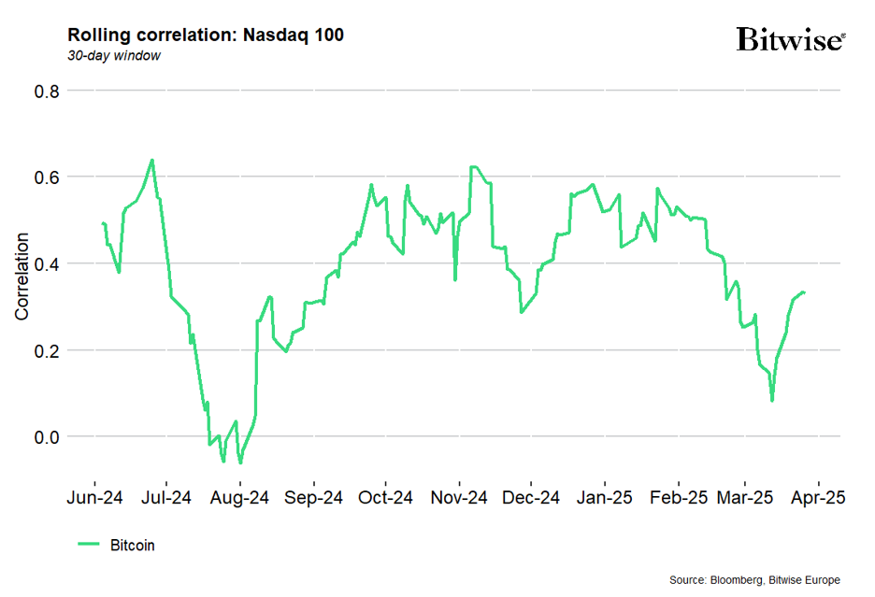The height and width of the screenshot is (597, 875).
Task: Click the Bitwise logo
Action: pos(790,40)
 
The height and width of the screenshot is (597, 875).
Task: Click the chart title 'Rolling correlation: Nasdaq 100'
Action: pos(206,36)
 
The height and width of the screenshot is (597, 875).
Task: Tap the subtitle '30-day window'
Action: pos(113,56)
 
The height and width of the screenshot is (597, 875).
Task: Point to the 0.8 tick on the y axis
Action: pos(47,92)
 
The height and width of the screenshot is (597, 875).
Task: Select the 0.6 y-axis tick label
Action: pos(47,178)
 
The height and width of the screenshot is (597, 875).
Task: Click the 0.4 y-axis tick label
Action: pos(47,263)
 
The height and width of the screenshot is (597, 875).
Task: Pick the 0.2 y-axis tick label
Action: pos(47,350)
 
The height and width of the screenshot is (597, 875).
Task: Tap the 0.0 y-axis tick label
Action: pos(47,436)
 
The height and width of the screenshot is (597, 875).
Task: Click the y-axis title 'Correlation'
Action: pos(22,277)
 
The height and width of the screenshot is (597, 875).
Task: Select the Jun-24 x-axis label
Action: pos(94,498)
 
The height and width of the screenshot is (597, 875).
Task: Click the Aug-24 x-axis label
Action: pos(239,498)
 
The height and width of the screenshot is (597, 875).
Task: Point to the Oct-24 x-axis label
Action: pos(385,498)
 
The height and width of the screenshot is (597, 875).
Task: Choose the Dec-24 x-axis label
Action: pos(530,498)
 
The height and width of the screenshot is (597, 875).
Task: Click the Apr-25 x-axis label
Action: pos(820,498)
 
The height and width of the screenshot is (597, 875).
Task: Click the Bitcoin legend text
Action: pos(132,546)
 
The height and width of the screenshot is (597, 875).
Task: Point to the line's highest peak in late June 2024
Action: pos(152,160)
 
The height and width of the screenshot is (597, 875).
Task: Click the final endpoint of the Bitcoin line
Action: pos(805,292)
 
